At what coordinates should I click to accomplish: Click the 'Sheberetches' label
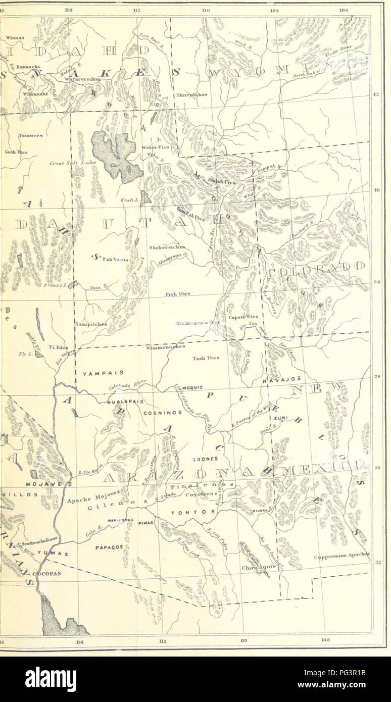pyautogui.click(x=167, y=247)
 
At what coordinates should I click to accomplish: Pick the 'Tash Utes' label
pyautogui.click(x=205, y=358)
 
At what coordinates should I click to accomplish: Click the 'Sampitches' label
pyautogui.click(x=90, y=325)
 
